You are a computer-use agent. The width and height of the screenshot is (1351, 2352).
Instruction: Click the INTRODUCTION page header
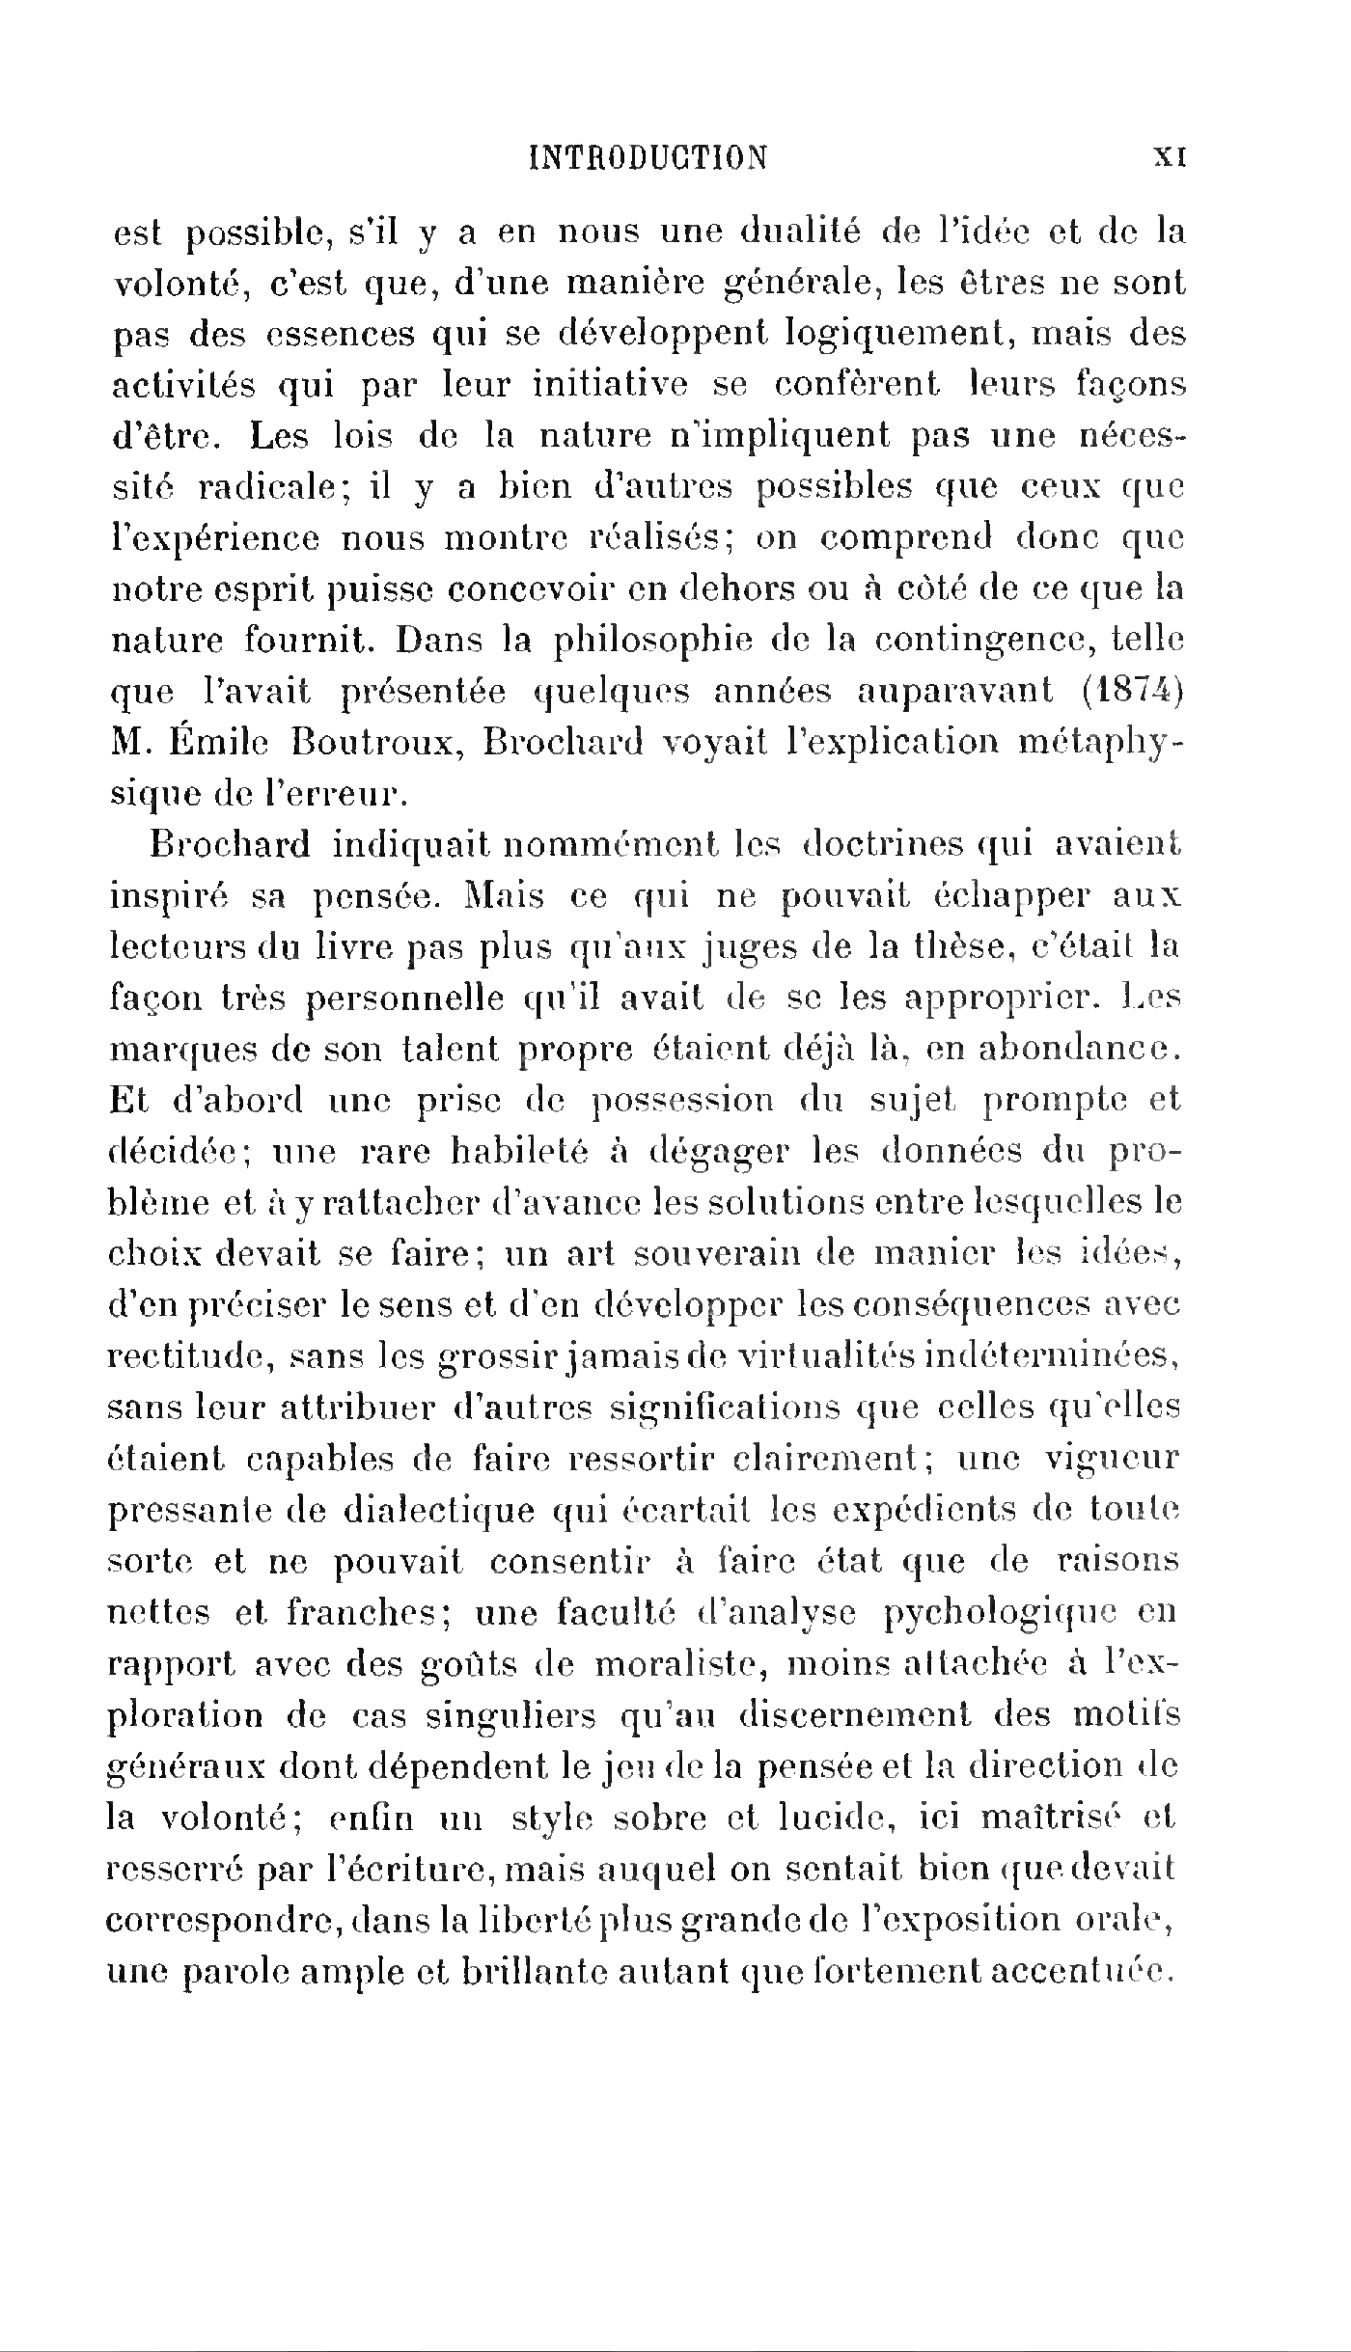coord(649,157)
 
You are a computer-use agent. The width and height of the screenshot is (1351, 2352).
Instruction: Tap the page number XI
coord(1169,158)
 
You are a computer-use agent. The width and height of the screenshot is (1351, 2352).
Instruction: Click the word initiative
coord(609,385)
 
